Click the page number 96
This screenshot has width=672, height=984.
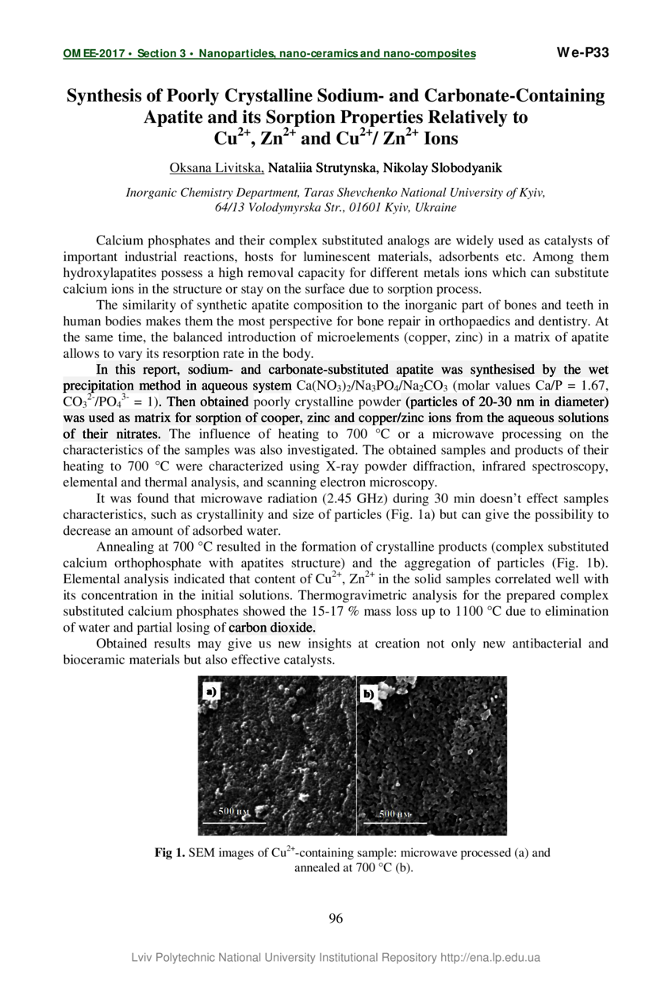tap(336, 919)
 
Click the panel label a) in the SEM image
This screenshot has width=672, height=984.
tap(211, 692)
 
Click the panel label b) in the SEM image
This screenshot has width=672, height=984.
tap(369, 694)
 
